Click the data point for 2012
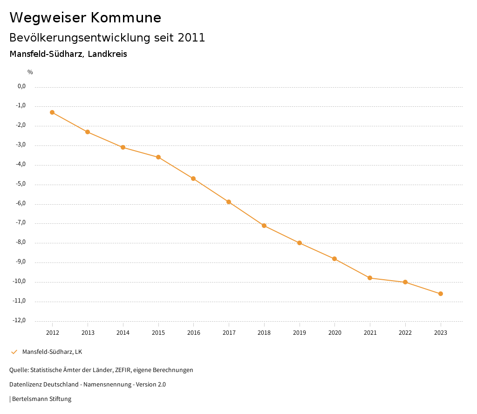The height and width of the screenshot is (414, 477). coord(52,112)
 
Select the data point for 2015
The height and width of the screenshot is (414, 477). coord(158,157)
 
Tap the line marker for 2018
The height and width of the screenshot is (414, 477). coord(264,226)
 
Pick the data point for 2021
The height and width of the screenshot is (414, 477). coord(370,278)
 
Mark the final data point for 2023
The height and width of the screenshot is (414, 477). coord(441,294)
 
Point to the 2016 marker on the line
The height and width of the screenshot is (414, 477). coord(193,179)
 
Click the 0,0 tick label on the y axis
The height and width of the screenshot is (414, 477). coord(21,86)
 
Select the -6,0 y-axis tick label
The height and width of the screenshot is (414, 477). coord(20,203)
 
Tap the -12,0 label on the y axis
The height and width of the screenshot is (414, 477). coord(20,320)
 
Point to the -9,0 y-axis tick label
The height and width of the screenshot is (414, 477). coord(20,262)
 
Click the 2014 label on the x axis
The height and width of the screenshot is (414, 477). coord(123,333)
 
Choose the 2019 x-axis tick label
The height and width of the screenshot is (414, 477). coord(300,333)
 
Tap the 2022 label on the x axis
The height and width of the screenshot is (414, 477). coord(405,333)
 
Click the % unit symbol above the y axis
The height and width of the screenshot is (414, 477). coord(30,72)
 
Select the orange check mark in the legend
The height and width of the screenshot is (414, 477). coord(14,352)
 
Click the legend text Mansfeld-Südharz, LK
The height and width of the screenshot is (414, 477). coord(52,352)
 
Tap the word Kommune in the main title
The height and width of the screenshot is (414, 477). coord(126,18)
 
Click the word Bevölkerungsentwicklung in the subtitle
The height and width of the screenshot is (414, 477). coord(80,38)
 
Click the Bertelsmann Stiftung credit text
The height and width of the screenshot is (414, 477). coord(41,399)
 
